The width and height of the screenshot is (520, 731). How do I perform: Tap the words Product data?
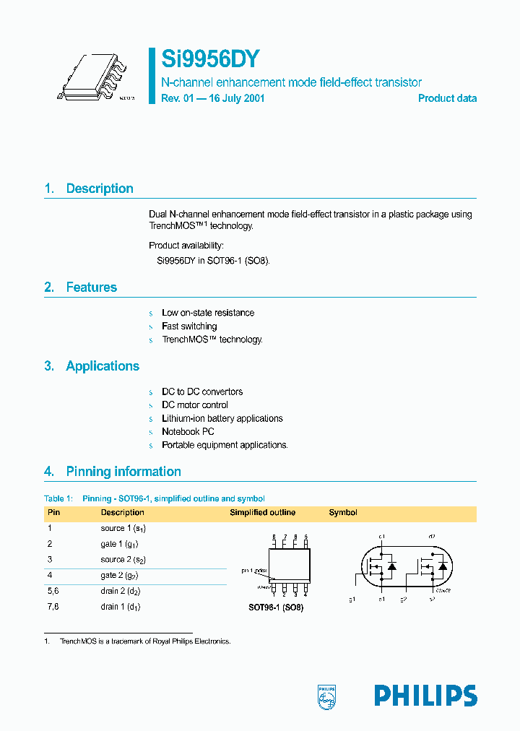pyautogui.click(x=447, y=98)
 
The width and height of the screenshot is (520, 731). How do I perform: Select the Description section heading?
pyautogui.click(x=99, y=189)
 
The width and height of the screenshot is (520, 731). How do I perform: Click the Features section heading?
pyautogui.click(x=91, y=287)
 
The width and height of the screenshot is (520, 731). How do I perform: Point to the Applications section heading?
pyautogui.click(x=102, y=366)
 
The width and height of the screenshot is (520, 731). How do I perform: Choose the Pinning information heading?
pyautogui.click(x=123, y=472)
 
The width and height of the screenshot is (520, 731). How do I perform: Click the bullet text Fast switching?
pyautogui.click(x=189, y=326)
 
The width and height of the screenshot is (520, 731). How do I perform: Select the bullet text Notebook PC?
pyautogui.click(x=188, y=432)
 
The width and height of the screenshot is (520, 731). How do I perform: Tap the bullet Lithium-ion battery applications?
pyautogui.click(x=222, y=419)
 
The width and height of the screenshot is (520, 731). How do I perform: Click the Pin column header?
pyautogui.click(x=54, y=513)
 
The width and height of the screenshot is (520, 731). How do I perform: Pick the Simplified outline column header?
pyautogui.click(x=262, y=513)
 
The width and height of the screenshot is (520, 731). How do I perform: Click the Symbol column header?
pyautogui.click(x=343, y=513)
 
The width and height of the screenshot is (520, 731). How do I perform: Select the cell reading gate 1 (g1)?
pyautogui.click(x=120, y=544)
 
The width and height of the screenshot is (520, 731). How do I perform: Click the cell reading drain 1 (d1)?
pyautogui.click(x=121, y=607)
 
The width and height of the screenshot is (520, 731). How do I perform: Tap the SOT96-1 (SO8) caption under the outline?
pyautogui.click(x=276, y=607)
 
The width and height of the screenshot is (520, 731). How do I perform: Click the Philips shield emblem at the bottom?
pyautogui.click(x=328, y=696)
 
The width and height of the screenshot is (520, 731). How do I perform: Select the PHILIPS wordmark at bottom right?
pyautogui.click(x=425, y=696)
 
